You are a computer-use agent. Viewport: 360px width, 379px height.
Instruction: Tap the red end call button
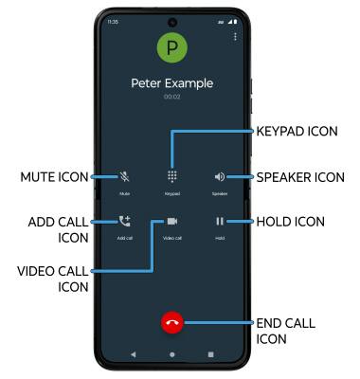171,322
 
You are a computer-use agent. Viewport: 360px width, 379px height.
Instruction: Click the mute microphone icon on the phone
124,176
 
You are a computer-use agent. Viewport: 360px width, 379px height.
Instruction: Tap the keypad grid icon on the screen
171,176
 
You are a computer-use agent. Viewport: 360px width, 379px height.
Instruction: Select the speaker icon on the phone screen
220,176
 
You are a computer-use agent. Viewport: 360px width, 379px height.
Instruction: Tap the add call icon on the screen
124,222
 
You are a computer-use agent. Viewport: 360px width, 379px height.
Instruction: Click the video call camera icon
171,222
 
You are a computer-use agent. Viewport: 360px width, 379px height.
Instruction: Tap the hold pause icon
220,222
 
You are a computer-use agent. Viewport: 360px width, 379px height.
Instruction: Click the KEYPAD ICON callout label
297,131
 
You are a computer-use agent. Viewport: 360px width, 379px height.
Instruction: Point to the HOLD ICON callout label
291,222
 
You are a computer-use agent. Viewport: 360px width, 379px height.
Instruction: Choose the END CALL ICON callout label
286,330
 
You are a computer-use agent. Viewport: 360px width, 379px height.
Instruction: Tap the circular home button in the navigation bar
171,352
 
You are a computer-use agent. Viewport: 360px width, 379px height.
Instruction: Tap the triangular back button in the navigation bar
133,352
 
